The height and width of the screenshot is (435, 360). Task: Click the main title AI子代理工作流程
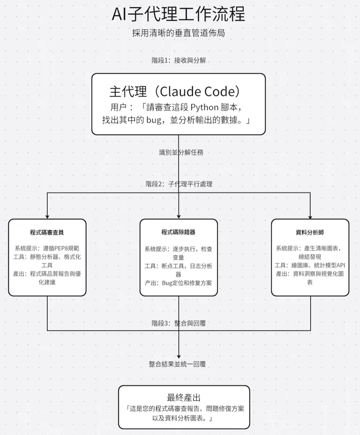[x=179, y=15]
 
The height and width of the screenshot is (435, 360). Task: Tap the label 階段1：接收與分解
[x=180, y=61]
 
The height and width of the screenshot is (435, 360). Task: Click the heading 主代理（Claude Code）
[x=175, y=91]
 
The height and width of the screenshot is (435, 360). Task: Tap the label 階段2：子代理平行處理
[x=179, y=184]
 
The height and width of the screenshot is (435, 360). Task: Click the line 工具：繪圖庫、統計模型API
[x=310, y=265]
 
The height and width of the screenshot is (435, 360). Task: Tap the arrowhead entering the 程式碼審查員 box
[x=47, y=216]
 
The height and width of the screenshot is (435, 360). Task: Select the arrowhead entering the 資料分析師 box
[x=310, y=216]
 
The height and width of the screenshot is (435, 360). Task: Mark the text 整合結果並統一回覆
[x=180, y=364]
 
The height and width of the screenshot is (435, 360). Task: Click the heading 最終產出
[x=183, y=397]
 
